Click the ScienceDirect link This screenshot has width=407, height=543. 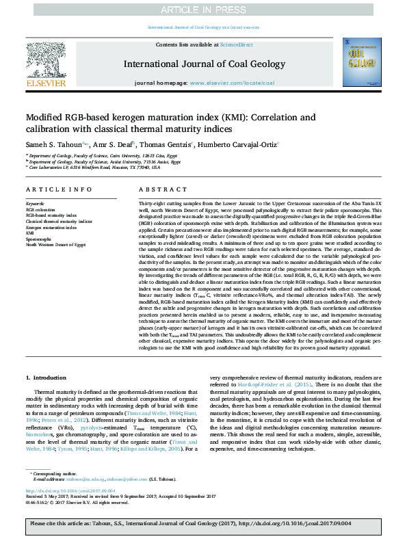pyautogui.click(x=237, y=44)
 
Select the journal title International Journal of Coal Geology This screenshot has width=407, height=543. pyautogui.click(x=203, y=64)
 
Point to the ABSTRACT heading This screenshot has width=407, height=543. pyautogui.click(x=158, y=189)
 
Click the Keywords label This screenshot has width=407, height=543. pyautogui.click(x=35, y=204)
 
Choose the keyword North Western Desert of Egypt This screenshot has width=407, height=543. pyautogui.click(x=55, y=243)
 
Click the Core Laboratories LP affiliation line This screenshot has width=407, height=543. pyautogui.click(x=93, y=167)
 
